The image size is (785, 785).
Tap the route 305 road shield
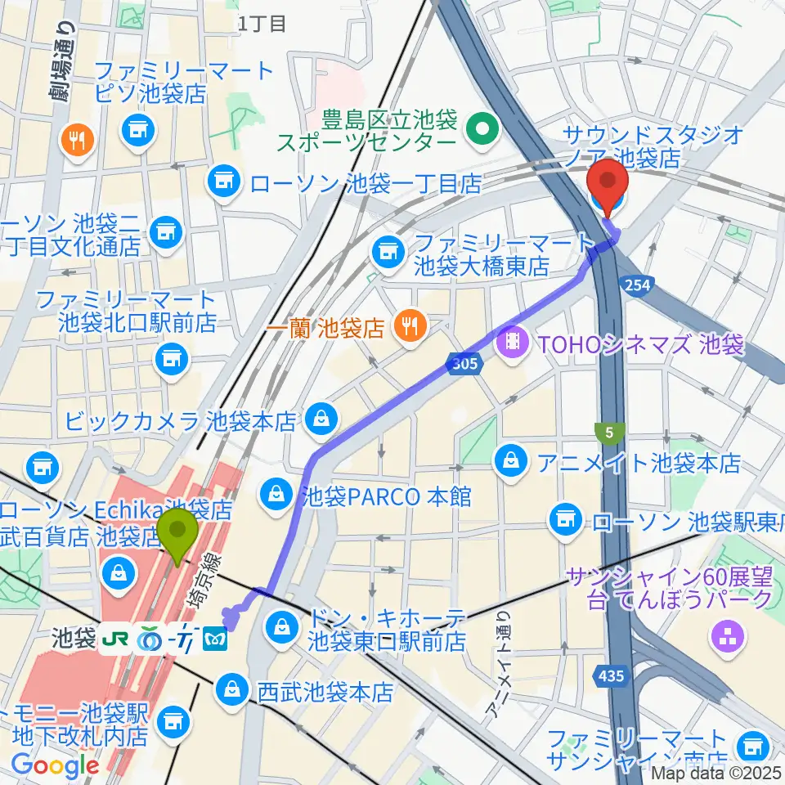tap(463, 364)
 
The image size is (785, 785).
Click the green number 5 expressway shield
tap(610, 431)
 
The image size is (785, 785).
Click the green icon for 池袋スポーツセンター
tap(482, 128)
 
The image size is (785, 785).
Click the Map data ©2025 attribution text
tap(711, 771)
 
